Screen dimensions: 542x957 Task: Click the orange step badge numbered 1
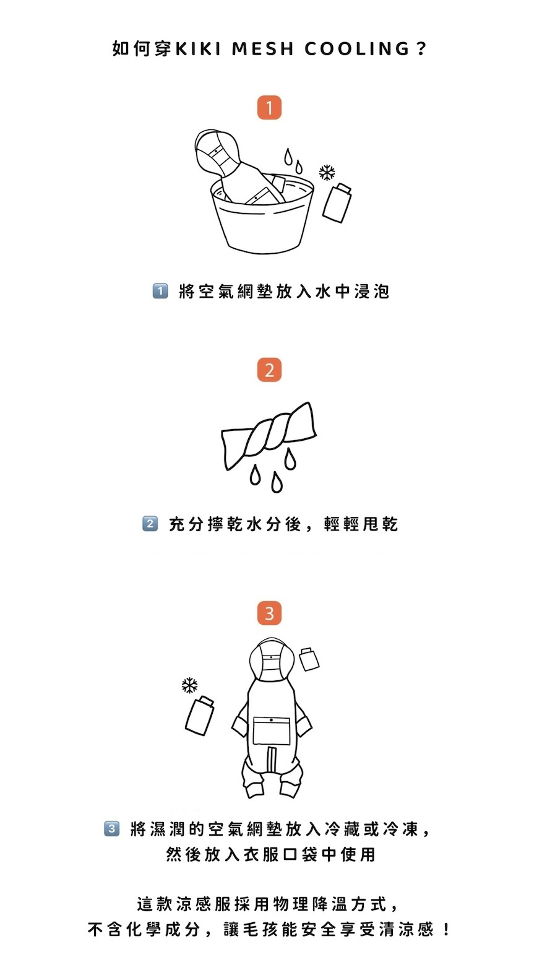[269, 108]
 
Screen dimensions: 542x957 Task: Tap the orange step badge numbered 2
[269, 370]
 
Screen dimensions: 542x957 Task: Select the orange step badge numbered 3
[269, 613]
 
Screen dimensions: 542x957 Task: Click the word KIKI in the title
[199, 49]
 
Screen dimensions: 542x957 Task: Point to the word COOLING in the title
[357, 49]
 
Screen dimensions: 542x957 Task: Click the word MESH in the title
[263, 49]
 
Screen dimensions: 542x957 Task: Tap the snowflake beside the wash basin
[327, 173]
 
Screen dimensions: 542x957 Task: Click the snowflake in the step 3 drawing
[189, 685]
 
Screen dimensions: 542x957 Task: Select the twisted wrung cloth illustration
[269, 436]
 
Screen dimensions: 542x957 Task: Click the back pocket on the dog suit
[271, 730]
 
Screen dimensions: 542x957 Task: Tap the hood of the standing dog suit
[272, 659]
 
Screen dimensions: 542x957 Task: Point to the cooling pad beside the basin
[337, 202]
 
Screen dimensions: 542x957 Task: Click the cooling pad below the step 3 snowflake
[199, 716]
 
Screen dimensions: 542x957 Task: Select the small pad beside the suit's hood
[309, 659]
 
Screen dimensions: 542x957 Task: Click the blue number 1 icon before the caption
[160, 292]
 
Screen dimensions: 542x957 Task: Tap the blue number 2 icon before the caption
[150, 524]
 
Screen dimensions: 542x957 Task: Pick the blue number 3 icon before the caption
[112, 829]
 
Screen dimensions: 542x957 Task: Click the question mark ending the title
[421, 49]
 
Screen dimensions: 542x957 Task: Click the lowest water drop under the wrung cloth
[277, 482]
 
